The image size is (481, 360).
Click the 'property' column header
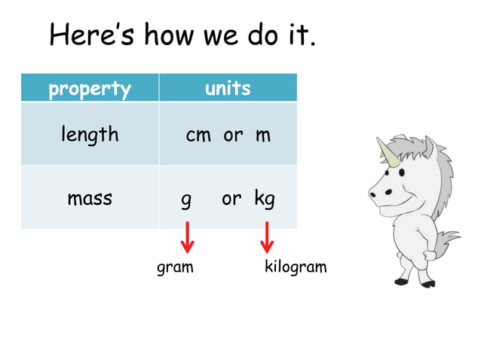pos(90,89)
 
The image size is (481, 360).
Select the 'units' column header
pos(228,88)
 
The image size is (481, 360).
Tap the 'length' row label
pos(90,135)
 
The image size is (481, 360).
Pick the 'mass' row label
pos(90,199)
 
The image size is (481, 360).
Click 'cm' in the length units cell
pos(198,136)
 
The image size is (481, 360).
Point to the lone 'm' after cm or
pos(262,136)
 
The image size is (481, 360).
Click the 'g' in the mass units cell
pos(186,200)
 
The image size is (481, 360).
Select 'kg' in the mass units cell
pos(265,200)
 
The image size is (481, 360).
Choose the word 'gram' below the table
pos(175,267)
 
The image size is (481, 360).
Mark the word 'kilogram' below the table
pos(296,267)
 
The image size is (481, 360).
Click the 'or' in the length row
pos(233,136)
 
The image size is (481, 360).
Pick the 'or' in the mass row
pos(231,200)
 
